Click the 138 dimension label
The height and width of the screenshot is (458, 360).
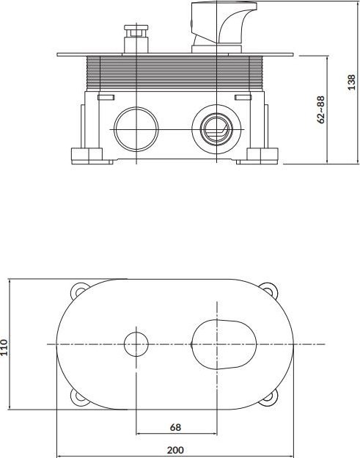tap(352, 82)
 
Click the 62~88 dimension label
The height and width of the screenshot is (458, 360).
tap(320, 109)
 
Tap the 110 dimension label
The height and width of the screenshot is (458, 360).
tap(4, 347)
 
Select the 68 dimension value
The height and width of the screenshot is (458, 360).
tap(175, 427)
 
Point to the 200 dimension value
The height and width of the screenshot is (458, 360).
tap(175, 450)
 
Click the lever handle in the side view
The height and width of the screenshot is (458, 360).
tap(224, 27)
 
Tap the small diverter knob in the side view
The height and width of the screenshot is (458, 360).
tap(136, 39)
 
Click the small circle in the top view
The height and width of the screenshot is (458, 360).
tap(136, 344)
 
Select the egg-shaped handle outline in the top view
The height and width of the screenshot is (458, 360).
tap(224, 344)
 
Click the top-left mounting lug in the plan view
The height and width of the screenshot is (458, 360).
tap(78, 291)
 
